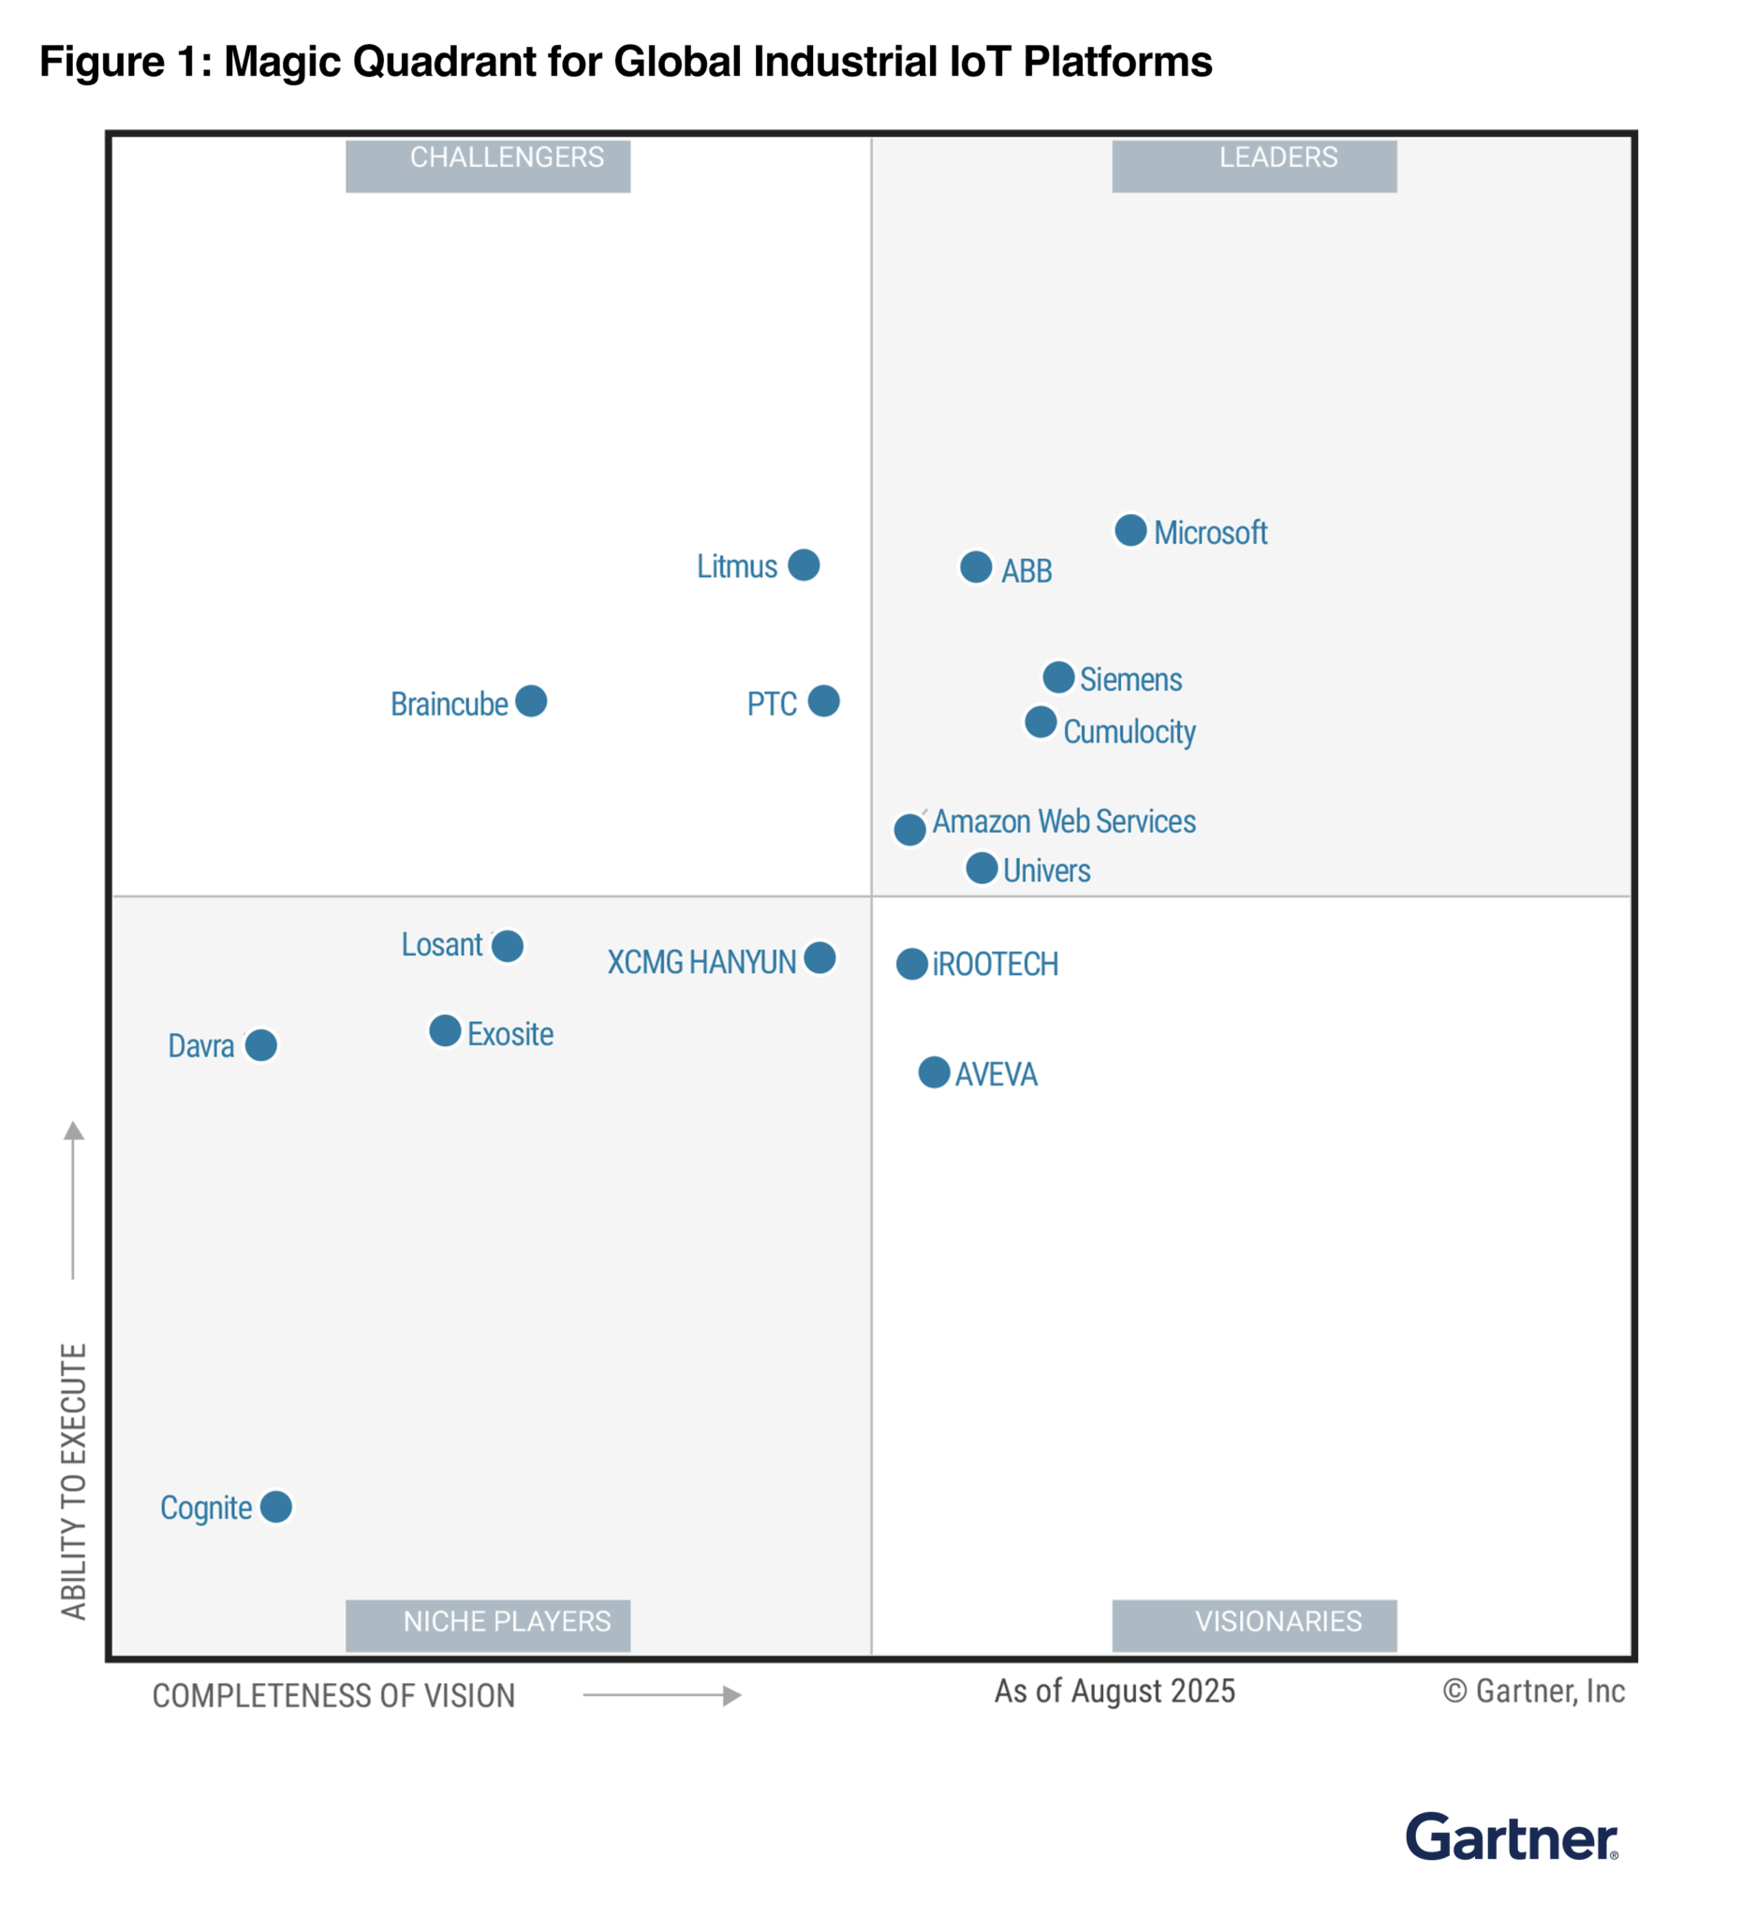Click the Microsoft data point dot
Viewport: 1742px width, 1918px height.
(1130, 530)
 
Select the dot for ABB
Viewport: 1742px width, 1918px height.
(975, 567)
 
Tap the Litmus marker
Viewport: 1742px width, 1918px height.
(803, 564)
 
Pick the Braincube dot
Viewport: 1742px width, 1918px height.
(531, 701)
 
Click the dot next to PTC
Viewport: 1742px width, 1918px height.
(823, 701)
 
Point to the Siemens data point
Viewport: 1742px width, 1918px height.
(1058, 677)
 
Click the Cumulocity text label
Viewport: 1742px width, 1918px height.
(1129, 731)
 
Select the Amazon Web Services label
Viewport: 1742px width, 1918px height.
(1063, 821)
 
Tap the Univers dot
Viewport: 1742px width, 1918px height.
(981, 867)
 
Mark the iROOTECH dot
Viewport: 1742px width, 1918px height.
(911, 964)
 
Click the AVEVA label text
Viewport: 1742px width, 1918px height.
(996, 1074)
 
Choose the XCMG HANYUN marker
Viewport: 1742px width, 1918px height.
(819, 957)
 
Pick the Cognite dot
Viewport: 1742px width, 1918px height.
(276, 1507)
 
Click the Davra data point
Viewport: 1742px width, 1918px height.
(260, 1044)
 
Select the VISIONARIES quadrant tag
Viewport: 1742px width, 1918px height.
(1254, 1625)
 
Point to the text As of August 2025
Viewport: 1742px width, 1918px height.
(1115, 1691)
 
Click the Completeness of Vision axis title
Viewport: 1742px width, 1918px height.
(333, 1696)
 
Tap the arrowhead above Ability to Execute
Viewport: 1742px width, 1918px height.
(73, 1131)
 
